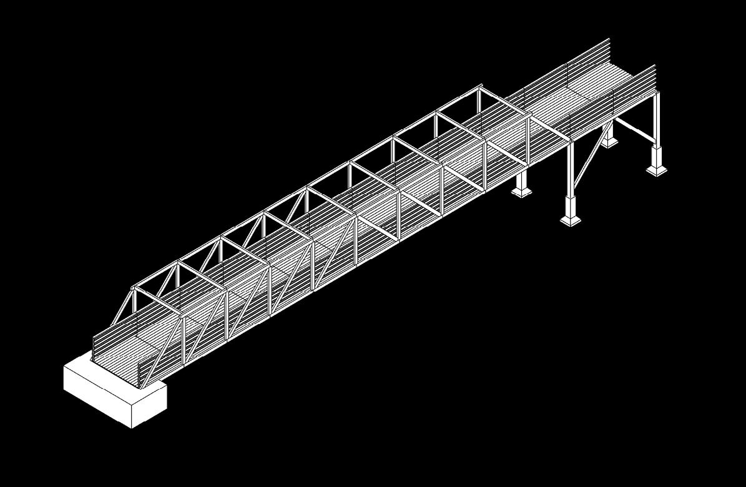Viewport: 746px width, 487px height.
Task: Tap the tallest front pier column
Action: (x=570, y=169)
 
